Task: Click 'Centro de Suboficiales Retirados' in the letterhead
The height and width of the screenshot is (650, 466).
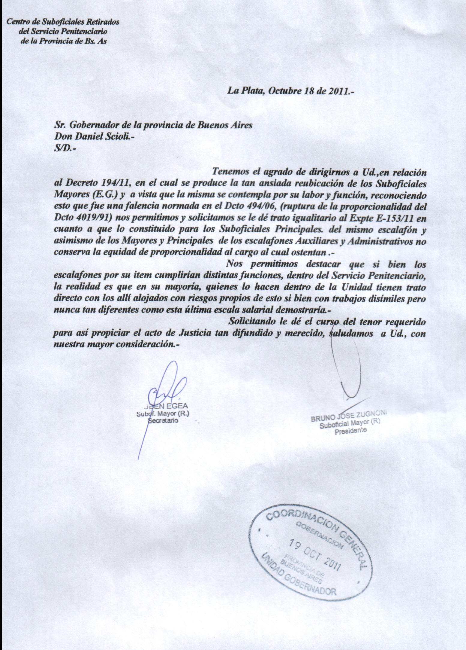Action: (63, 22)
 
